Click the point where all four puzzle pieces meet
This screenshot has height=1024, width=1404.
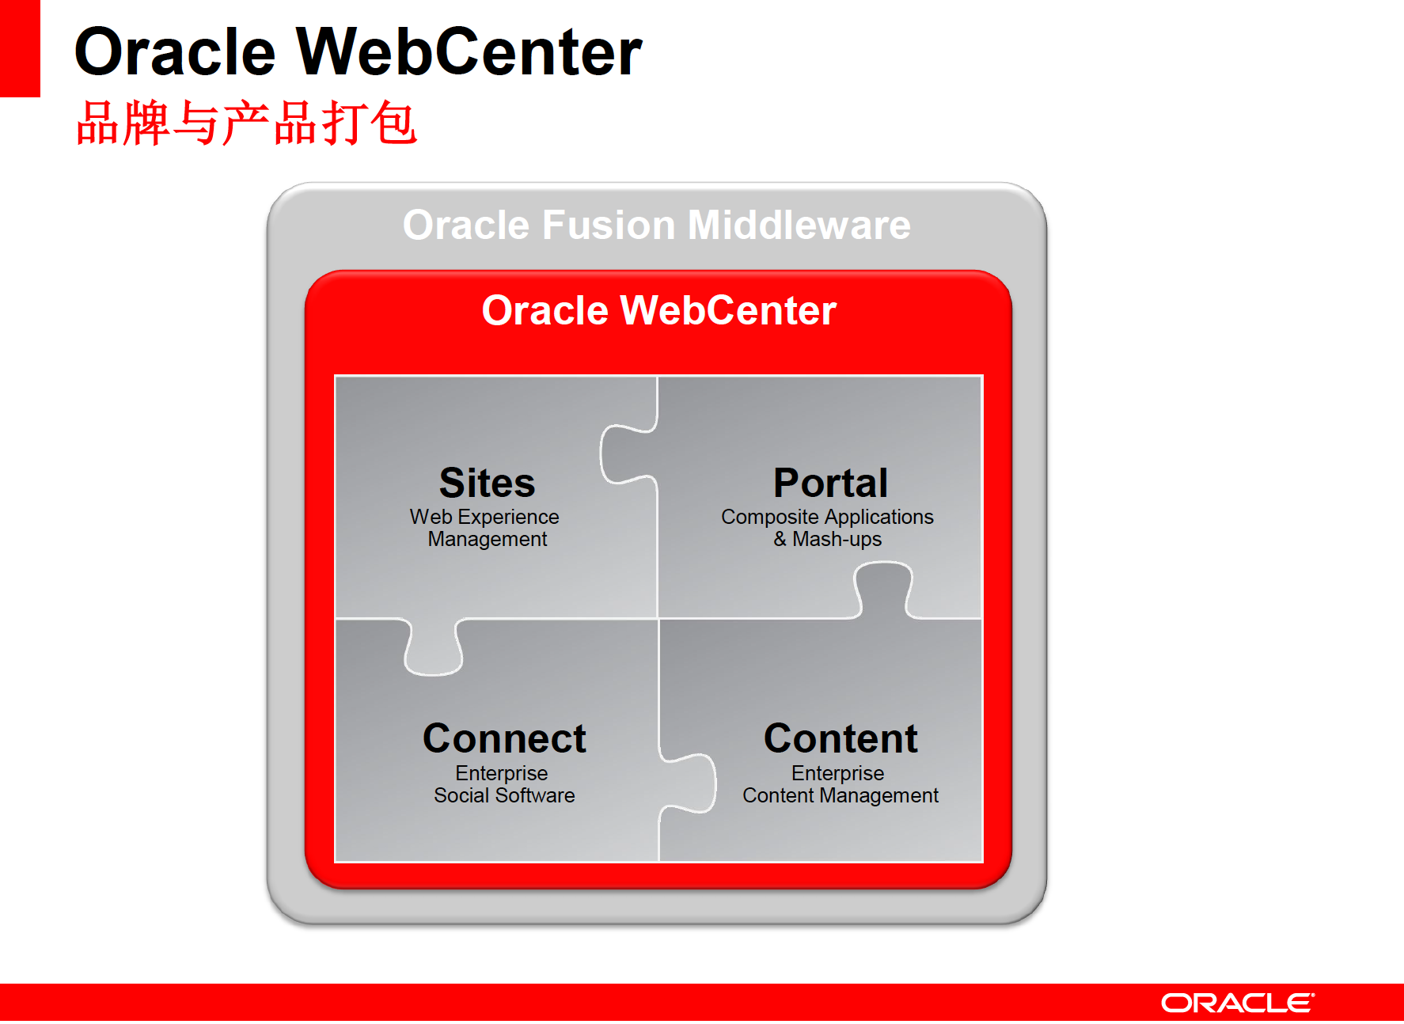(x=658, y=619)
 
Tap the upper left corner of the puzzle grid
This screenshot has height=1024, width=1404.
(x=336, y=376)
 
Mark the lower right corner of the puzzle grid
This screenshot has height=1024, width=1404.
(x=982, y=862)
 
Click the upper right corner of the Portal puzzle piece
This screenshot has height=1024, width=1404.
(x=982, y=376)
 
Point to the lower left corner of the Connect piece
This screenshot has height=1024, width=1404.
(x=336, y=862)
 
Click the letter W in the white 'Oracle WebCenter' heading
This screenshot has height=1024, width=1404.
(x=642, y=310)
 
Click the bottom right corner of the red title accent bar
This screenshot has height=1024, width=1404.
(x=40, y=97)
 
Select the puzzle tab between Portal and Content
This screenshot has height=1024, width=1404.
(x=883, y=590)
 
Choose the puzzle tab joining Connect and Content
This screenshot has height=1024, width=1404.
(x=688, y=783)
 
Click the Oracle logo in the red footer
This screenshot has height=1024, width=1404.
(x=1238, y=1003)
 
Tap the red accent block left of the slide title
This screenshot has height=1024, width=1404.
(x=20, y=48)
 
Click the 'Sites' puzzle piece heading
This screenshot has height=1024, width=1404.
(x=488, y=483)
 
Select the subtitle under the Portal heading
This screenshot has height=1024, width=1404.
(x=827, y=528)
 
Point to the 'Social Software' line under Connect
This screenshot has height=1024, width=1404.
(x=504, y=795)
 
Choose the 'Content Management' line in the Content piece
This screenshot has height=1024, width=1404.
(x=841, y=795)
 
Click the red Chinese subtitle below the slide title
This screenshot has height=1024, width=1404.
(x=246, y=123)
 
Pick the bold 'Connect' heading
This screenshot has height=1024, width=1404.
(x=504, y=738)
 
